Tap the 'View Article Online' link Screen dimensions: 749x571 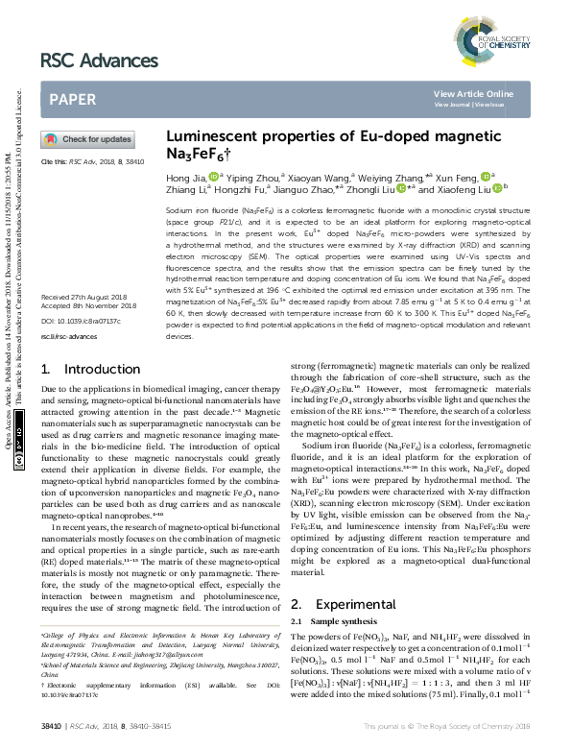473,93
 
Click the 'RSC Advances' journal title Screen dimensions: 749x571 99,60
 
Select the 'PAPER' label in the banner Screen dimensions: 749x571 72,99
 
